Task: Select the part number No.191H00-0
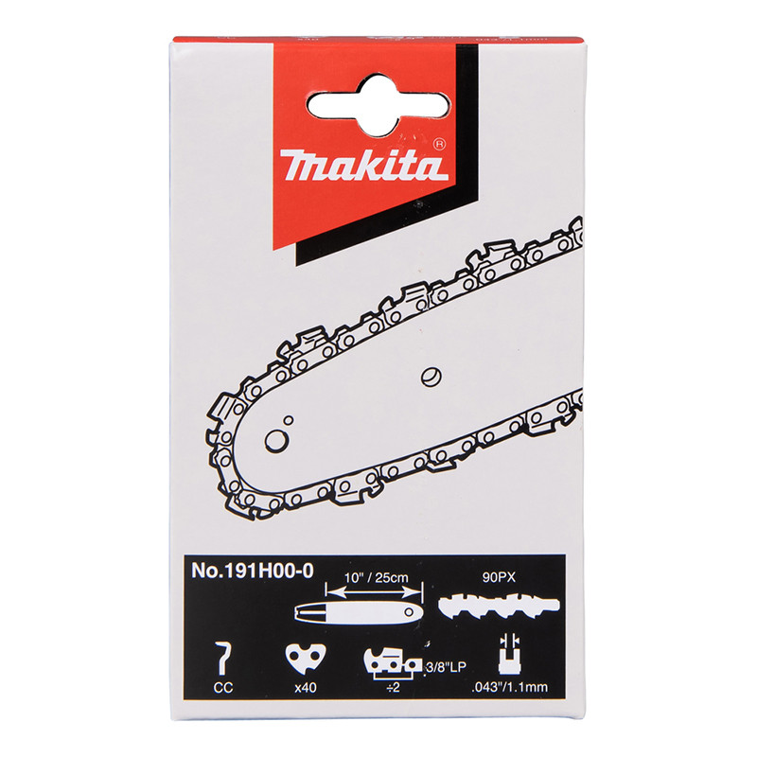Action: pyautogui.click(x=253, y=571)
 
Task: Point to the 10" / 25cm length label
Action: pyautogui.click(x=376, y=577)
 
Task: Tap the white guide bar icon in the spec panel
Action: pyautogui.click(x=359, y=612)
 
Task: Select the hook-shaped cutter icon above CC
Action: pyautogui.click(x=222, y=658)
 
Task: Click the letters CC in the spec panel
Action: pyautogui.click(x=223, y=687)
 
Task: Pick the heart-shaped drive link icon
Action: pyautogui.click(x=306, y=659)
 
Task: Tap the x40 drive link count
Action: pyautogui.click(x=305, y=687)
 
